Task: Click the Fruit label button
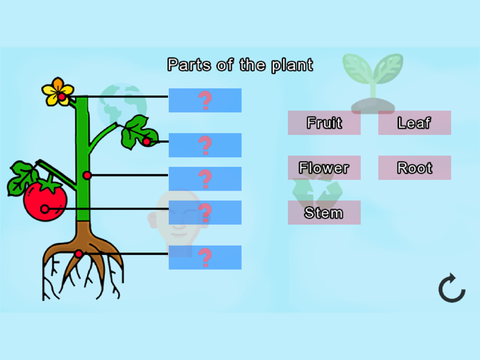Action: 324,123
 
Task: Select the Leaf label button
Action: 414,123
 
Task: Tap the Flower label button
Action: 324,167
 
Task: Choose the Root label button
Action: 414,167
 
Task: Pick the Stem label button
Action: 324,213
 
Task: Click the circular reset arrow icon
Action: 452,288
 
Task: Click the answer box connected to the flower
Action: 204,100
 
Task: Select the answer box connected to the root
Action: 204,257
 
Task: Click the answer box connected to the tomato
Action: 204,213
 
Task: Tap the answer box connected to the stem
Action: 204,178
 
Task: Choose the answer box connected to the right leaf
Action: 204,145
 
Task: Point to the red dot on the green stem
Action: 87,176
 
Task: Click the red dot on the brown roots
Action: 79,254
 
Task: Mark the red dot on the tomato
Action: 45,209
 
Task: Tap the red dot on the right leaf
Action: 146,142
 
